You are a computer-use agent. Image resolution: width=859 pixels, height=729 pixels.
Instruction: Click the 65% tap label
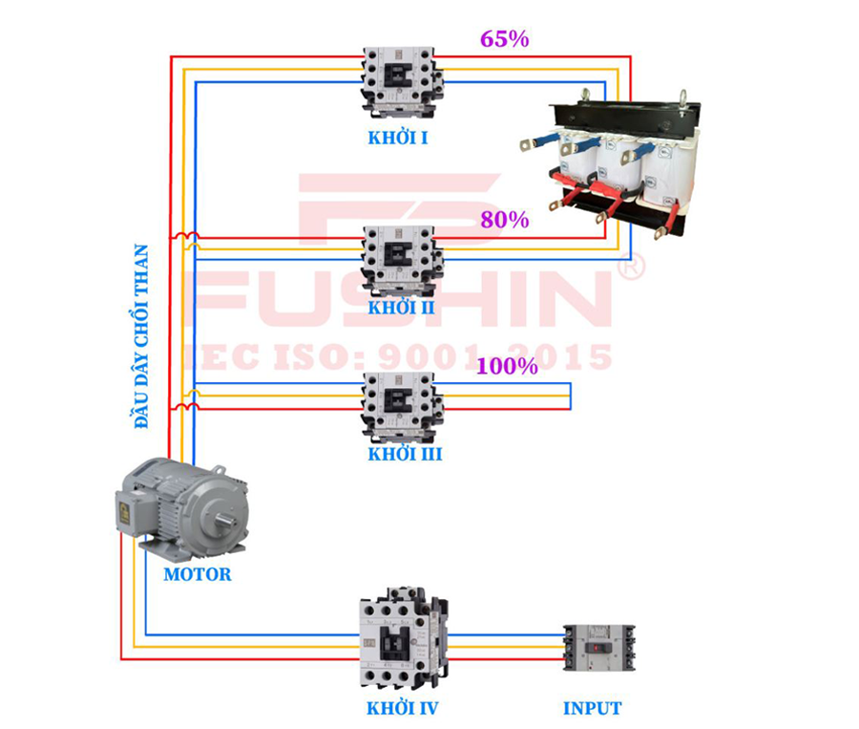(504, 39)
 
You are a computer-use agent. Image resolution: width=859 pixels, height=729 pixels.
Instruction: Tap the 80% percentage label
(504, 220)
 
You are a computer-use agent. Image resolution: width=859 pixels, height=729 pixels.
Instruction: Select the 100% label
(507, 365)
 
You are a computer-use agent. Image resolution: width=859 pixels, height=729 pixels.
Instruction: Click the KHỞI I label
(397, 138)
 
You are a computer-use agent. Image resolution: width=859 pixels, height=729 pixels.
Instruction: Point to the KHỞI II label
(401, 308)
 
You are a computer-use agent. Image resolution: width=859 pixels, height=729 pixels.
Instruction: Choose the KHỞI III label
(405, 454)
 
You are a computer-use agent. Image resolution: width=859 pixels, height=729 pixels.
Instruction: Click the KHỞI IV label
(402, 709)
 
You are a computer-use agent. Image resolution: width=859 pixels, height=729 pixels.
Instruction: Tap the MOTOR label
(197, 574)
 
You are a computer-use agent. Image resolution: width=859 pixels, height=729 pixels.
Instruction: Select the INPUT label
(592, 709)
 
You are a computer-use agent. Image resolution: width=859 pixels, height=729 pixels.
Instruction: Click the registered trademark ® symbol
(631, 267)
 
